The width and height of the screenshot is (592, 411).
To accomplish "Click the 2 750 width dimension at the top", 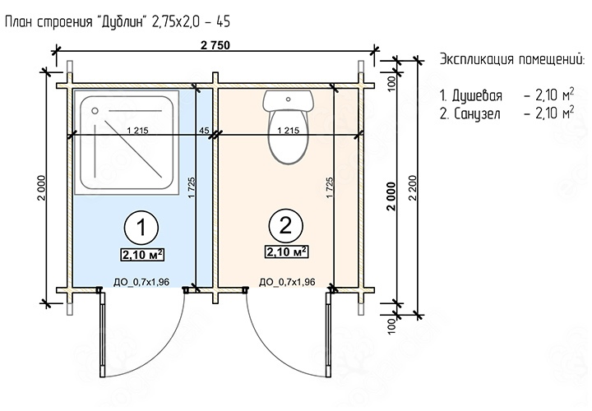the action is (x=215, y=45).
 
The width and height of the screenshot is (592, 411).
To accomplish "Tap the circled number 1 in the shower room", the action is (x=141, y=228).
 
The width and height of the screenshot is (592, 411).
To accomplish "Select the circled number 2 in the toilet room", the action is (x=286, y=225).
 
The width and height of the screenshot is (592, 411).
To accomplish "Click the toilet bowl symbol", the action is (x=288, y=136).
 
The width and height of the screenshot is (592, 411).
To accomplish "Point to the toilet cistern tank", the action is (x=288, y=100).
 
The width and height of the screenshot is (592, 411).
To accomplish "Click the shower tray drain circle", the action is (x=95, y=111).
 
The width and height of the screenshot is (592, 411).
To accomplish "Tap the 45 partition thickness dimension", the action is (x=204, y=131).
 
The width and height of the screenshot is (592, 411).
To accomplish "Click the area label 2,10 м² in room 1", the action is (x=143, y=255).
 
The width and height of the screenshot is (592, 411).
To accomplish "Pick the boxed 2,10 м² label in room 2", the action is (x=287, y=252).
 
